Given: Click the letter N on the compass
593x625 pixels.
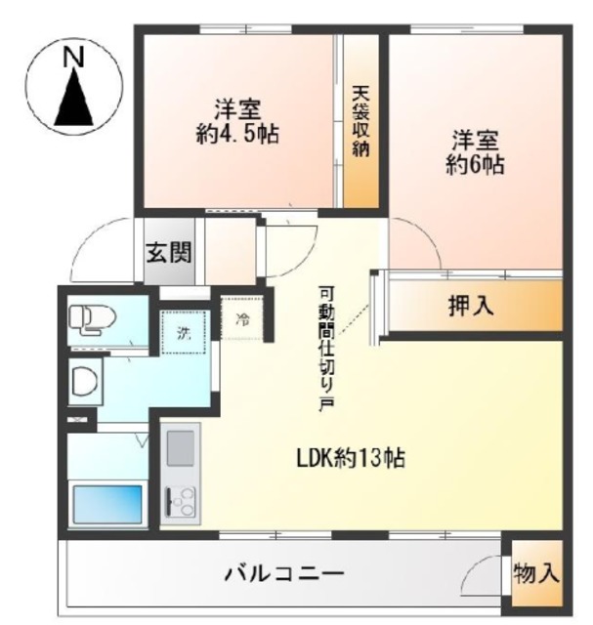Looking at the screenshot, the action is click(x=74, y=57).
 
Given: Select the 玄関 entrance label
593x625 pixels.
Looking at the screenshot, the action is click(x=169, y=252).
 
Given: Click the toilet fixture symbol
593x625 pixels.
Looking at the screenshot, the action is click(x=92, y=319).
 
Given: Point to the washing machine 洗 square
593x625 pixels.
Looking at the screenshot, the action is click(x=184, y=332).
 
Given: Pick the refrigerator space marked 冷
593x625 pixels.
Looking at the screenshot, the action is click(x=241, y=317).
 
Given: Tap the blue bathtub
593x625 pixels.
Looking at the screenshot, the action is click(x=107, y=505).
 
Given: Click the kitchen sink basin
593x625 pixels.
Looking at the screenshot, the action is click(x=181, y=448).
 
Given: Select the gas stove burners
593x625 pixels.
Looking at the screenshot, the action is click(x=181, y=501).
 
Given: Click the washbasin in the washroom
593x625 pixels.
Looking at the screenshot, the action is click(x=85, y=381).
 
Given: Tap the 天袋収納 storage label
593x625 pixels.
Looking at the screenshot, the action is click(x=360, y=121).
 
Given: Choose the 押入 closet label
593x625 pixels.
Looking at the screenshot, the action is click(x=471, y=306).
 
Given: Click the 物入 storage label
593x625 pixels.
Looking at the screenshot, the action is click(x=536, y=574).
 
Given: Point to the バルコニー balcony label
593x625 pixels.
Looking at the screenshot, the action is click(x=284, y=574).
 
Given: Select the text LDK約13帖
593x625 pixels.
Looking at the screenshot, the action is click(x=350, y=458).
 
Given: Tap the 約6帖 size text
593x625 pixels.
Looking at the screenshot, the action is click(x=475, y=163).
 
